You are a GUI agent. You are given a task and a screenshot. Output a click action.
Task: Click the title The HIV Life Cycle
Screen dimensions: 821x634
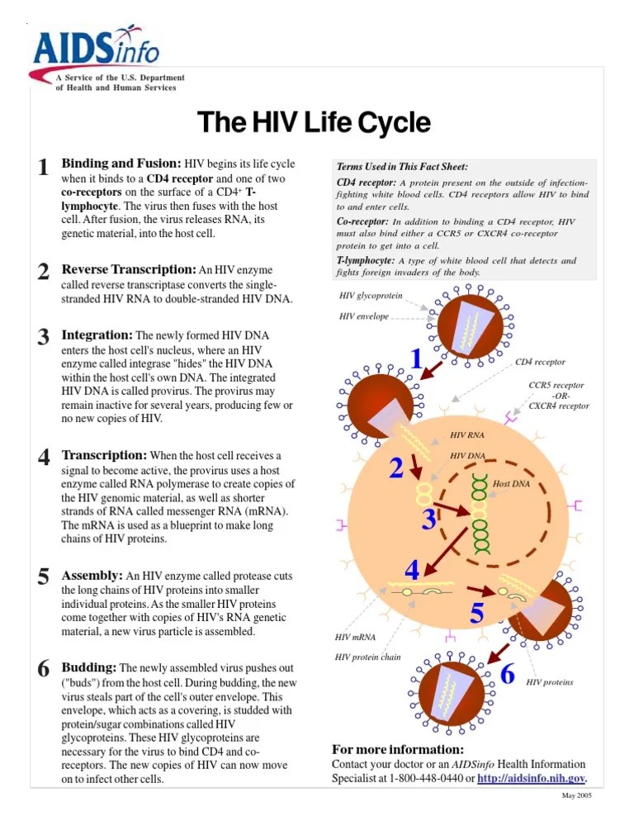click(x=314, y=123)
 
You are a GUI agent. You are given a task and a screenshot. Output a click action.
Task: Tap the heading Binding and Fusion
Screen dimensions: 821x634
click(x=121, y=164)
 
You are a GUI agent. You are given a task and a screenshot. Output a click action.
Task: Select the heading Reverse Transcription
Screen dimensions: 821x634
click(x=130, y=269)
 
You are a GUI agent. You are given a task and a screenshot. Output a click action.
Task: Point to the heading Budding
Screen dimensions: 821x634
click(x=90, y=667)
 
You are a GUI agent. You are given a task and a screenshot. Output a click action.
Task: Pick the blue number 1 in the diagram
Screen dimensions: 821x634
click(x=417, y=359)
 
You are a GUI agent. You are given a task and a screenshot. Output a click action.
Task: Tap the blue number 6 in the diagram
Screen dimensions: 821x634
click(x=508, y=674)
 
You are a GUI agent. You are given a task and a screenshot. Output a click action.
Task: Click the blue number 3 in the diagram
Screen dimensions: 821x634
click(x=429, y=520)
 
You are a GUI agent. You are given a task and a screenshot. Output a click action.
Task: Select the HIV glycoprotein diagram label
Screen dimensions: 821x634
click(x=371, y=296)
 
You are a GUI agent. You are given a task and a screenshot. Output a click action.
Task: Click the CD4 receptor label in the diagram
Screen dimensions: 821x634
click(x=540, y=362)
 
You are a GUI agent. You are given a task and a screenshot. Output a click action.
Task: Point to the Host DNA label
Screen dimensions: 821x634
click(x=511, y=483)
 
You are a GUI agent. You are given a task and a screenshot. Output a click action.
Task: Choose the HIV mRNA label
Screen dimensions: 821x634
click(x=355, y=637)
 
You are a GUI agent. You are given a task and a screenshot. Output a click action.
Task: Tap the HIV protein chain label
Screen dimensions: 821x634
click(x=367, y=657)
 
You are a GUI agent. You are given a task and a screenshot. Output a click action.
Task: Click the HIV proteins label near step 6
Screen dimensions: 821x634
click(x=549, y=682)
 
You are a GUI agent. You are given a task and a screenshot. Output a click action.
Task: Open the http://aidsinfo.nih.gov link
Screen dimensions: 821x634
click(x=531, y=778)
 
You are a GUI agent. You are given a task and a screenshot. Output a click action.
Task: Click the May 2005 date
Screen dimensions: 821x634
click(x=576, y=795)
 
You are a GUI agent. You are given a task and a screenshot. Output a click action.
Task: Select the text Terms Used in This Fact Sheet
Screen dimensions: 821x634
click(x=391, y=167)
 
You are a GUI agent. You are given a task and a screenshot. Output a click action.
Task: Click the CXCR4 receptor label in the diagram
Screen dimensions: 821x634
click(x=559, y=406)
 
